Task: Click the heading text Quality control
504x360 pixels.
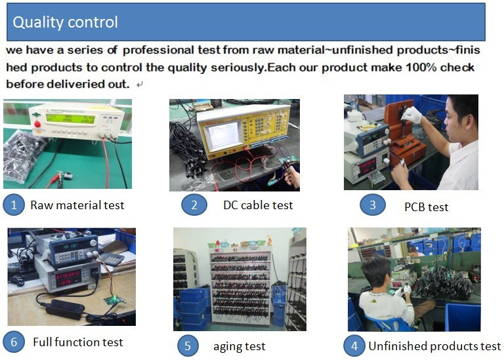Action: point(65,22)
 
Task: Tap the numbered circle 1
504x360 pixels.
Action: point(14,205)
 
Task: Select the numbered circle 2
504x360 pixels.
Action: point(194,205)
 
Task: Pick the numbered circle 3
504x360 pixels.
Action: point(373,205)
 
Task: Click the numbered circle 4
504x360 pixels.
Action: point(354,346)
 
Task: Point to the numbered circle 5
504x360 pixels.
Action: point(188,346)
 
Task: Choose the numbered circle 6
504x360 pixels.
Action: point(14,342)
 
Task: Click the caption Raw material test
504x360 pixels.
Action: point(77,205)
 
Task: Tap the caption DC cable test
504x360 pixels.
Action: point(258,205)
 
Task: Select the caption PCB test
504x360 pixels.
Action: point(426,207)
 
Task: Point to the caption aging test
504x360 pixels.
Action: point(240,346)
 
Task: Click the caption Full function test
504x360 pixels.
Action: point(78,342)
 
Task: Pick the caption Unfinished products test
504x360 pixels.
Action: point(434,346)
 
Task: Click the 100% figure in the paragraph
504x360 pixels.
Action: point(421,68)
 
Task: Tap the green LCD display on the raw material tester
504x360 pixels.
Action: point(70,119)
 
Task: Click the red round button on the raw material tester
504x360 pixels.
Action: point(37,124)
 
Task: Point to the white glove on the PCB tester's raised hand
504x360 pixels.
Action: point(411,115)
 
